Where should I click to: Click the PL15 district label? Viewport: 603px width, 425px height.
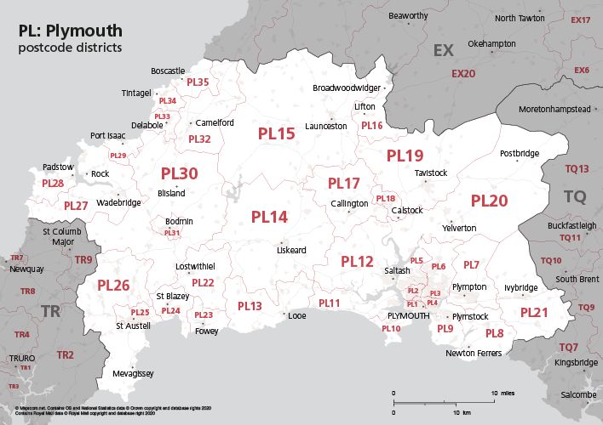point(276,133)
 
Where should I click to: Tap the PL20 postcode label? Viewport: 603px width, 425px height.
point(489,201)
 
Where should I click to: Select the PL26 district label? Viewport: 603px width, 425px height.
point(113,285)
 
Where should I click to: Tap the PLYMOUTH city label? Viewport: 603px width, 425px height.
point(403,315)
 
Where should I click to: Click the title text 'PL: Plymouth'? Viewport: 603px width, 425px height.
point(67,31)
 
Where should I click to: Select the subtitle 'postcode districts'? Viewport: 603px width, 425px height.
point(70,48)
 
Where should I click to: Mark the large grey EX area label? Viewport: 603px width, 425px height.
point(444,51)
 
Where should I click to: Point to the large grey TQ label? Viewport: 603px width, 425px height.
point(575,197)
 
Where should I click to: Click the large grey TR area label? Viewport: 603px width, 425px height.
point(50,312)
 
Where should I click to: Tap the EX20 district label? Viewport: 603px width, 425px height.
point(463,74)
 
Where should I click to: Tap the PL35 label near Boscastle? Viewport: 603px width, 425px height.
point(198,82)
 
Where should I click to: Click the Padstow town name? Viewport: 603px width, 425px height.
point(58,167)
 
